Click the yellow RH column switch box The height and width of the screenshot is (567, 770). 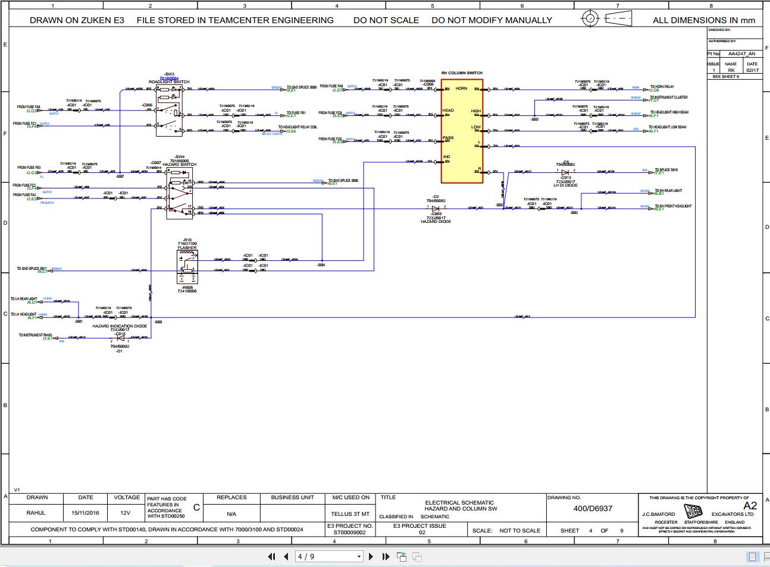tap(461, 130)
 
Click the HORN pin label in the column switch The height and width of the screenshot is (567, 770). tap(461, 89)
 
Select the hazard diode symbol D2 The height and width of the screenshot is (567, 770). tap(436, 208)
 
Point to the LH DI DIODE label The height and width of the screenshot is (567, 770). tap(565, 185)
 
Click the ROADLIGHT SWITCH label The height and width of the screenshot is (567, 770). tap(169, 82)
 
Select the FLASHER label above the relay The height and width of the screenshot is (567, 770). tap(187, 248)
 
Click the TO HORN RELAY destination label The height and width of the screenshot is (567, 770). tap(662, 87)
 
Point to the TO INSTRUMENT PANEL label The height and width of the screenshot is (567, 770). tap(35, 335)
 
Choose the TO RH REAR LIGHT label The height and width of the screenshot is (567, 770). tap(668, 191)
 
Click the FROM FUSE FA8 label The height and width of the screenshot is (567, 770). tap(29, 107)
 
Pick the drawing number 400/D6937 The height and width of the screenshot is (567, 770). tap(593, 508)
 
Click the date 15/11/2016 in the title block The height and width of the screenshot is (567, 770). tap(86, 512)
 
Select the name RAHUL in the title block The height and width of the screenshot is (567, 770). tap(37, 512)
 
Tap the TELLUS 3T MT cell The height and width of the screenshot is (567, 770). tap(350, 514)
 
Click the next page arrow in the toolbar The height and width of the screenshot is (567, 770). tap(371, 557)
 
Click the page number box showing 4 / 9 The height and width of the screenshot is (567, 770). tap(329, 557)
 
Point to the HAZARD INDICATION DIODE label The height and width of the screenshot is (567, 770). tap(120, 326)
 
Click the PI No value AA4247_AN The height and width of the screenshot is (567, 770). tap(741, 53)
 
